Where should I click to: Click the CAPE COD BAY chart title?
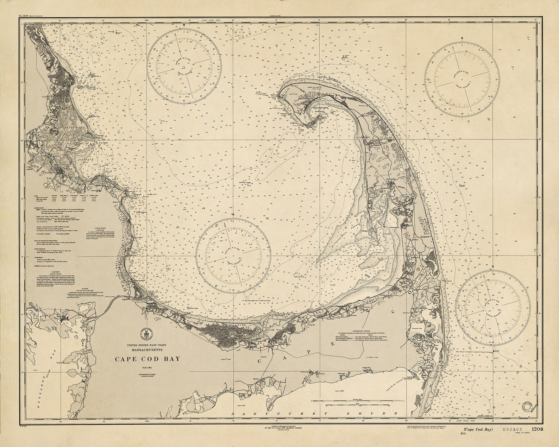[x=147, y=359]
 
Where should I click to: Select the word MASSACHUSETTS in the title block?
[x=147, y=350]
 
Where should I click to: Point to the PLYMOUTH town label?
[x=50, y=173]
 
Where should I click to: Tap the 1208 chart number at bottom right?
[x=537, y=429]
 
